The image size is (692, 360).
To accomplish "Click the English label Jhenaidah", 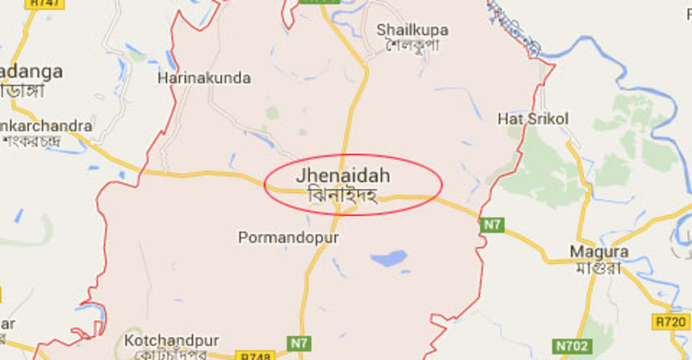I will pyautogui.click(x=344, y=175).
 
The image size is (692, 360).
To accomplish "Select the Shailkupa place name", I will pyautogui.click(x=412, y=30).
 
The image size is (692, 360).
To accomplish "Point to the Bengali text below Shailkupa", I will pyautogui.click(x=412, y=45).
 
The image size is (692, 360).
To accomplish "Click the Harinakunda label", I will pyautogui.click(x=204, y=78).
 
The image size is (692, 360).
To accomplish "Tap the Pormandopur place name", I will pyautogui.click(x=289, y=238).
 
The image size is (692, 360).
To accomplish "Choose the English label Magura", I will pyautogui.click(x=599, y=251).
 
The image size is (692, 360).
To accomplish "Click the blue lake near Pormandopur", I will pyautogui.click(x=389, y=258).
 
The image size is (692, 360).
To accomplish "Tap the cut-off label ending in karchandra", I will pyautogui.click(x=46, y=126).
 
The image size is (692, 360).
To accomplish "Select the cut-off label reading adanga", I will pyautogui.click(x=31, y=70).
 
